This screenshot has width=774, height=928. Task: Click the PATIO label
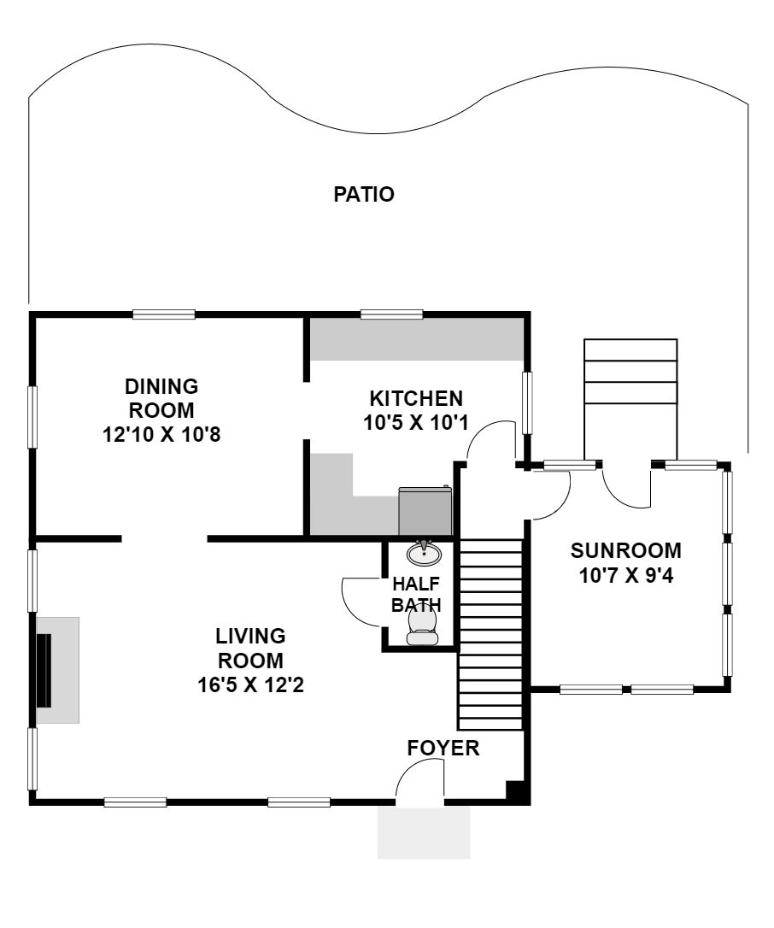tap(364, 194)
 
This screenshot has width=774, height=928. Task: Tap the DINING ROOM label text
tap(161, 397)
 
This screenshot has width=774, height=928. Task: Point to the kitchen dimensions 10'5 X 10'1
tap(416, 423)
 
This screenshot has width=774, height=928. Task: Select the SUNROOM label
tap(626, 550)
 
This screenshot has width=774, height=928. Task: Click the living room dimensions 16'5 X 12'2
tap(250, 684)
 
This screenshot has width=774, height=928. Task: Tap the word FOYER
tap(443, 748)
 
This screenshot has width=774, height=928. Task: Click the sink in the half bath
tap(424, 553)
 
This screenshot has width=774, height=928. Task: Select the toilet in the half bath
tap(423, 626)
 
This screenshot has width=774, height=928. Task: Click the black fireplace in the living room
tap(44, 670)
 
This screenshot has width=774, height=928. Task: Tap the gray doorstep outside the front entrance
tap(424, 832)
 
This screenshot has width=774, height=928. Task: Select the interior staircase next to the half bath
tap(491, 634)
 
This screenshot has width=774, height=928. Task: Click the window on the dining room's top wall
tap(164, 314)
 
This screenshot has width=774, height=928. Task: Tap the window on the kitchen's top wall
tap(392, 314)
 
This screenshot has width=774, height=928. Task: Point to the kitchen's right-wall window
tap(527, 403)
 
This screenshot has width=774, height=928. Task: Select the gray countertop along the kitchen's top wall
tap(417, 339)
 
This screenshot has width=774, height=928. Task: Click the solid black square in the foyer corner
tap(515, 791)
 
